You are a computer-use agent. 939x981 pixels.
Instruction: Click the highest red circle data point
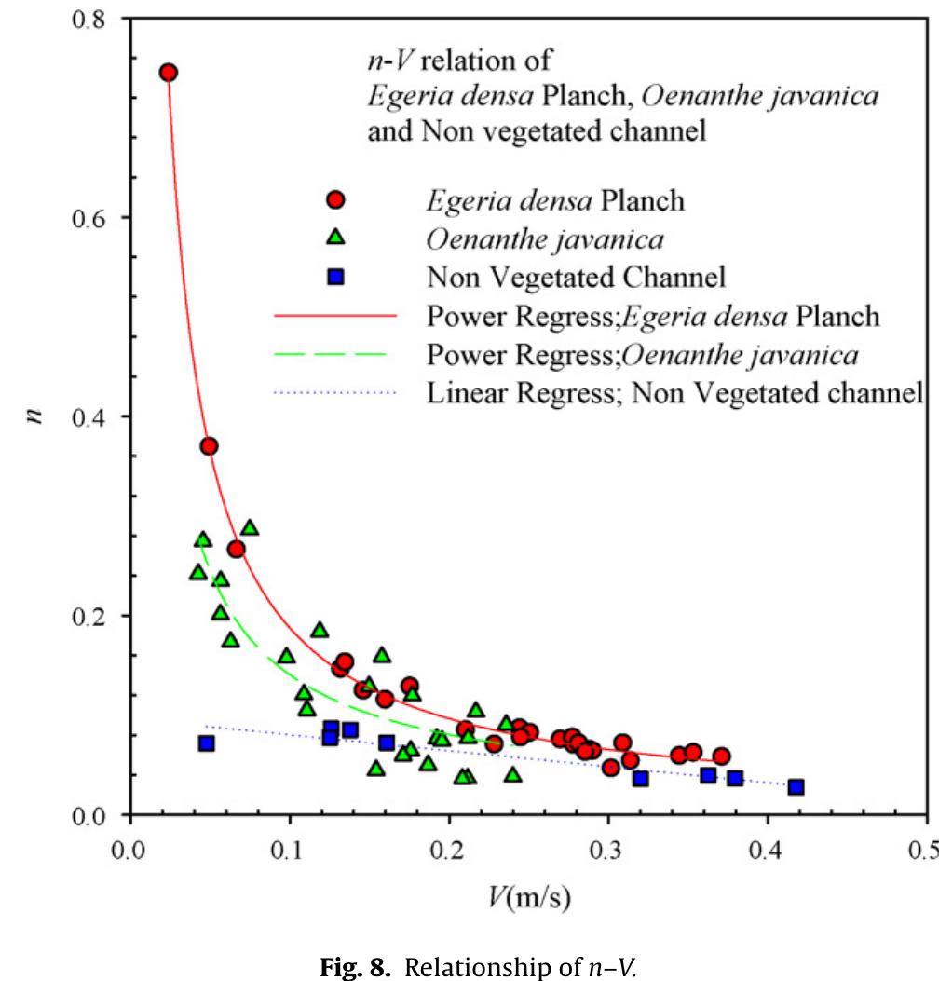[169, 73]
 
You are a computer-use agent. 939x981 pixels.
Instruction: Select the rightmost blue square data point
[796, 787]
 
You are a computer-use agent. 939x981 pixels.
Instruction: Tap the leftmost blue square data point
[207, 743]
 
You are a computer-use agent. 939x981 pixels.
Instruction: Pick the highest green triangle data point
[250, 528]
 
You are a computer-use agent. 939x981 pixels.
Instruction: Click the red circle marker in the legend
[336, 200]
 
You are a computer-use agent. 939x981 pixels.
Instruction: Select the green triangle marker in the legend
[336, 239]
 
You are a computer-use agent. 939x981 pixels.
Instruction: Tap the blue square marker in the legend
[336, 277]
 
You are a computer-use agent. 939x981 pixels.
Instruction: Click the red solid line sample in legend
[335, 316]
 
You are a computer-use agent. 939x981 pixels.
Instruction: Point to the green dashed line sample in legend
[335, 355]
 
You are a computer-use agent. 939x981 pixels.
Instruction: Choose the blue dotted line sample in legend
[335, 393]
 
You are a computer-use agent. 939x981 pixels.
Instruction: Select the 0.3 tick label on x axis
[608, 852]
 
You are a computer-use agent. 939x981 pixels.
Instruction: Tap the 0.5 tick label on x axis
[925, 852]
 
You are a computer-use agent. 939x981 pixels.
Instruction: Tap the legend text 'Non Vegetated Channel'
[576, 278]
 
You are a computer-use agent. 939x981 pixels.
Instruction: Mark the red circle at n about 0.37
[209, 446]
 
